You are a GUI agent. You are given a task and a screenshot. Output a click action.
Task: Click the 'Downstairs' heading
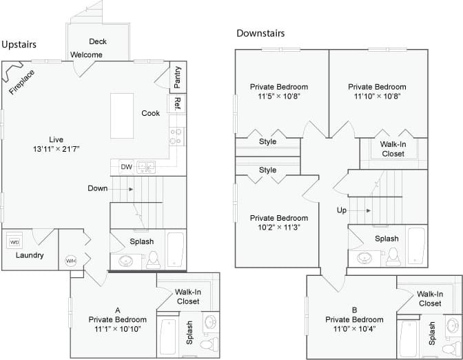click(260, 32)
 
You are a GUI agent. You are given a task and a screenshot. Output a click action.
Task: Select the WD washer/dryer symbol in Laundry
click(14, 242)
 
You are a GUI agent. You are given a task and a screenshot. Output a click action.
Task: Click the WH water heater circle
click(70, 261)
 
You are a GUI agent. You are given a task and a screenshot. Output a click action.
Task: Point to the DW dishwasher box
click(126, 167)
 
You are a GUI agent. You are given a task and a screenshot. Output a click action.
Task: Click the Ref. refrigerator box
click(177, 103)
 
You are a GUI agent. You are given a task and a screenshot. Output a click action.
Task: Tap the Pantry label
click(178, 77)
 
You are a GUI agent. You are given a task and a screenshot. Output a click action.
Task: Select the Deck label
click(98, 41)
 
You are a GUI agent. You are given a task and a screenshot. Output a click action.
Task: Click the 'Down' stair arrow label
click(97, 188)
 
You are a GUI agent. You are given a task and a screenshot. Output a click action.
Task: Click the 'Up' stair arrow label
click(342, 210)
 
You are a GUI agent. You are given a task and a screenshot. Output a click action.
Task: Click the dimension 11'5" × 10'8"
click(278, 97)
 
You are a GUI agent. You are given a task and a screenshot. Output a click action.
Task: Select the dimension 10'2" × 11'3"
click(278, 227)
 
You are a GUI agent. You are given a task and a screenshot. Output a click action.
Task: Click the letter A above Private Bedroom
click(118, 310)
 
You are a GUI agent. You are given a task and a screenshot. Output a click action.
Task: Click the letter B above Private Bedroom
click(354, 310)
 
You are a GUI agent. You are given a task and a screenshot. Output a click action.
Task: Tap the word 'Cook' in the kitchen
click(151, 113)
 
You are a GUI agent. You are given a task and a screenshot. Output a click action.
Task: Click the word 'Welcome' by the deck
click(86, 55)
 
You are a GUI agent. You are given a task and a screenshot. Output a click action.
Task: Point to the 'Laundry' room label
click(30, 255)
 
